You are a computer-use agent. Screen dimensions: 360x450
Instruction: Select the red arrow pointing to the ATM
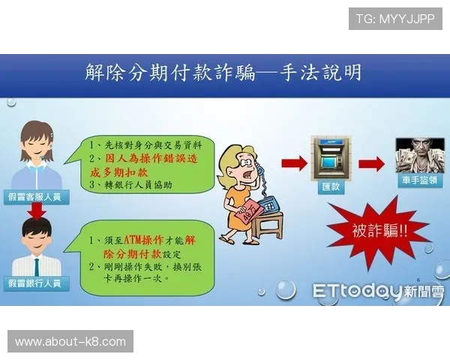pyautogui.click(x=294, y=163)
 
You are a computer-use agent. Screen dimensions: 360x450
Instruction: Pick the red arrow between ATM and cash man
pyautogui.click(x=370, y=163)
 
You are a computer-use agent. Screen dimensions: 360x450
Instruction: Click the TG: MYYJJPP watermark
pyautogui.click(x=395, y=19)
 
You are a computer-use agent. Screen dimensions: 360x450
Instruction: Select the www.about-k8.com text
pyautogui.click(x=71, y=342)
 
